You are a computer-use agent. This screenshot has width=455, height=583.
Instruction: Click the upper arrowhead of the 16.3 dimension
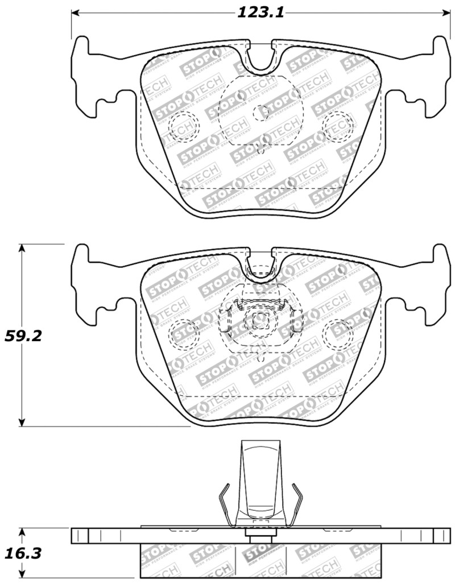pyautogui.click(x=22, y=531)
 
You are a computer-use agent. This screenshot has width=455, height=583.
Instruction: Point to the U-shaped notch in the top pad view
pyautogui.click(x=260, y=57)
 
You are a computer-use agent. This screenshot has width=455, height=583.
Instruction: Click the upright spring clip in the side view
pyautogui.click(x=260, y=483)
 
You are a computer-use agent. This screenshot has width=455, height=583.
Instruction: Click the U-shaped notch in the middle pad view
pyautogui.click(x=260, y=264)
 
